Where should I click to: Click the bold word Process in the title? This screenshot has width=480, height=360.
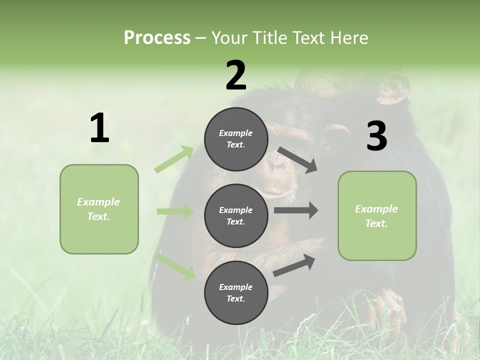click(157, 37)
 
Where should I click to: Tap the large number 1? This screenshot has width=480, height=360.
click(99, 128)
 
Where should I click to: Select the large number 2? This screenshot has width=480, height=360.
click(236, 75)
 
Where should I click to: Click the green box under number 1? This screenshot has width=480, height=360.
click(99, 209)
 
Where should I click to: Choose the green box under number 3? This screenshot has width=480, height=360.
click(377, 215)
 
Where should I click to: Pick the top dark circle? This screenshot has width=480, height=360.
click(236, 138)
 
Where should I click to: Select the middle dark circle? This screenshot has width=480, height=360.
click(236, 215)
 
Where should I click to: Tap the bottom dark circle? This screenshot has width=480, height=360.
click(236, 292)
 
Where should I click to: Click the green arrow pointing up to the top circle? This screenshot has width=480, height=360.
click(174, 159)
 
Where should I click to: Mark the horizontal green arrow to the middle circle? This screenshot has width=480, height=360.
click(175, 211)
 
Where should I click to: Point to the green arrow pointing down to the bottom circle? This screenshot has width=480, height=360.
click(175, 266)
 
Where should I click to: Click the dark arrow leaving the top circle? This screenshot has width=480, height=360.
click(297, 159)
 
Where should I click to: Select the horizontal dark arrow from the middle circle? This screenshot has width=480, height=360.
click(295, 210)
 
